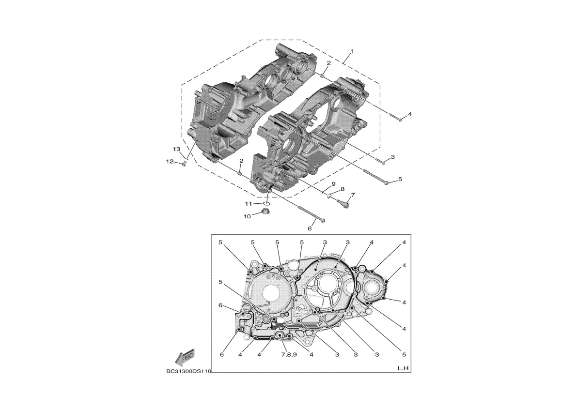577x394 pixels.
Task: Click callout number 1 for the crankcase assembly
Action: pos(352,51)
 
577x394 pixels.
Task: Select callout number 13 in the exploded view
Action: pos(177,149)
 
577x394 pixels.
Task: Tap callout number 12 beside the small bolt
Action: pos(169,161)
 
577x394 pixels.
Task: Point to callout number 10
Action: pos(247,216)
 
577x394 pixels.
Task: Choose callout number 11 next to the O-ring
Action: pos(249,204)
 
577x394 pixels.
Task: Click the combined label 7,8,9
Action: pos(289,355)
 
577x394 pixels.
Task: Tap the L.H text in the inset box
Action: pos(403,368)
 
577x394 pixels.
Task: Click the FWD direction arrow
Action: pos(185,357)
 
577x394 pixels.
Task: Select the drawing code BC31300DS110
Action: pos(188,371)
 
